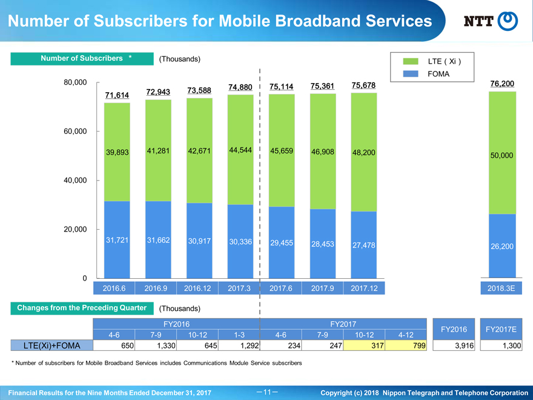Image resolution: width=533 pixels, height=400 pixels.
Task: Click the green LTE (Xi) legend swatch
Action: click(411, 62)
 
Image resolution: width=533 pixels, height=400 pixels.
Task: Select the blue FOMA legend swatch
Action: click(411, 74)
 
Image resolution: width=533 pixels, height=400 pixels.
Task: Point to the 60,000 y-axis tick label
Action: click(76, 132)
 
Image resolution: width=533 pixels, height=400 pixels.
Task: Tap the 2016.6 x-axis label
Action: click(116, 288)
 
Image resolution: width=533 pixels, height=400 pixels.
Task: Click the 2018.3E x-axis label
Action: click(502, 288)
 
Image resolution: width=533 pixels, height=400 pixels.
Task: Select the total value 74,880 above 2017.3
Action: click(240, 87)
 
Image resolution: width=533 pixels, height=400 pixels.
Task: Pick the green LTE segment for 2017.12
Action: click(363, 152)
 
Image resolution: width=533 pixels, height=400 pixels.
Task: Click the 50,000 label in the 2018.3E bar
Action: click(502, 156)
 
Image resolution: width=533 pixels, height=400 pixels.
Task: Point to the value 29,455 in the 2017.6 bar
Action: click(282, 242)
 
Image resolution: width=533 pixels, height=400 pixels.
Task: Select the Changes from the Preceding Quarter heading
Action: click(82, 308)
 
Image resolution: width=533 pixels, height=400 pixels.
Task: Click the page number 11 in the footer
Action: click(266, 392)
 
